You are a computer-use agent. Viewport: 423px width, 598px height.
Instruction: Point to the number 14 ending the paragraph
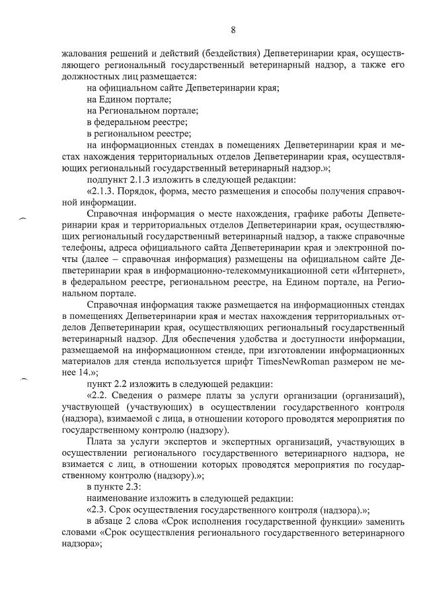click(x=69, y=374)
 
